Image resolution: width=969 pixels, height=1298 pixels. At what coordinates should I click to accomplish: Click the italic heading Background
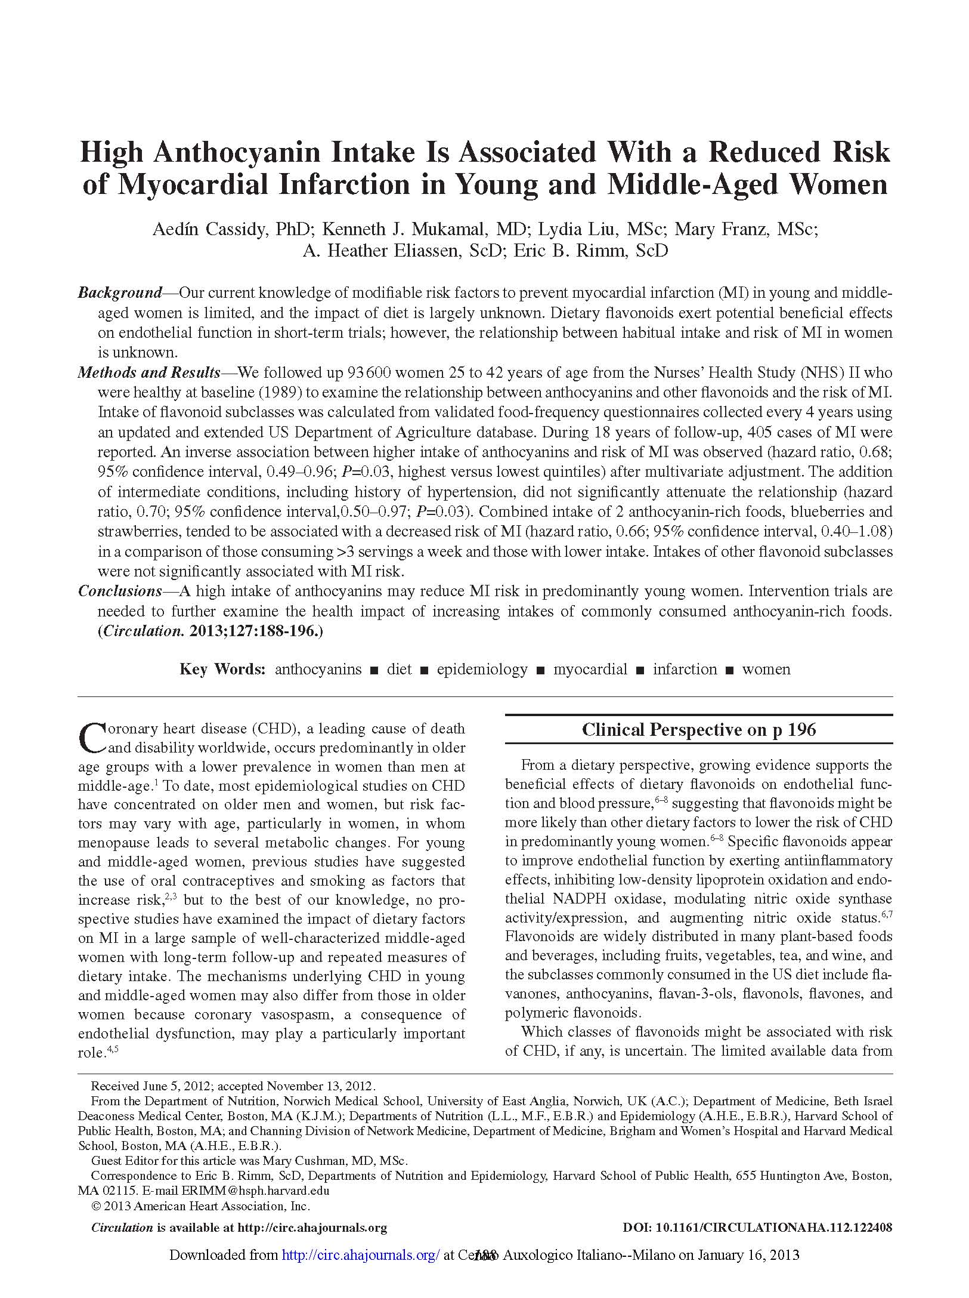pos(120,293)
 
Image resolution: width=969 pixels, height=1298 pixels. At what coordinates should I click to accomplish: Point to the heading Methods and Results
pos(149,373)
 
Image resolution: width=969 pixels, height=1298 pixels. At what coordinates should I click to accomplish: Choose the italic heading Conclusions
pos(120,591)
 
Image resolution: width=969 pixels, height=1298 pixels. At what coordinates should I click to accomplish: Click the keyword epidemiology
pos(482,670)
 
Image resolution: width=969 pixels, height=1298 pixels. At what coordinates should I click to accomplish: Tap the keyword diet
pos(399,670)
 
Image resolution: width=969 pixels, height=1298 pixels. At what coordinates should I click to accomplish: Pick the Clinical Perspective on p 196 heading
pos(698,730)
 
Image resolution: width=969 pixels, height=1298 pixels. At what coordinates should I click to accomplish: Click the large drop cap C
pos(91,738)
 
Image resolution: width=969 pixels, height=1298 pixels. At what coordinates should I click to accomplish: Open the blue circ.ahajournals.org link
pos(360,1255)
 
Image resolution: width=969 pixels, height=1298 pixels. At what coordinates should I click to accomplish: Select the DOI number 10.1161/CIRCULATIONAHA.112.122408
pos(773,1228)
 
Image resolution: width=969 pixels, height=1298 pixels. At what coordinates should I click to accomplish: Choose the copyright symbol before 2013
pos(95,1206)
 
